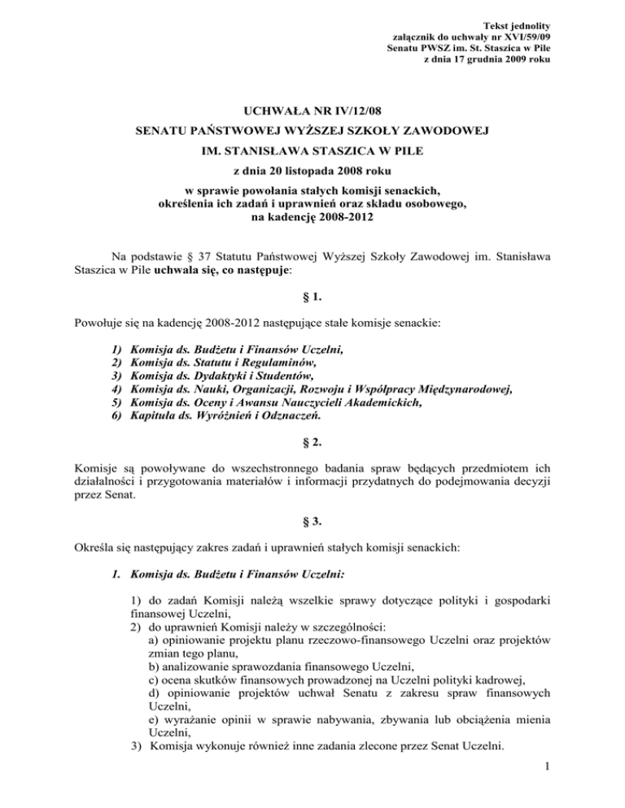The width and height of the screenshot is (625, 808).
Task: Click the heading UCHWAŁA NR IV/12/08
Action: [x=312, y=108]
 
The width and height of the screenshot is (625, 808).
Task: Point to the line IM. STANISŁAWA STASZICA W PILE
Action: [x=312, y=150]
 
